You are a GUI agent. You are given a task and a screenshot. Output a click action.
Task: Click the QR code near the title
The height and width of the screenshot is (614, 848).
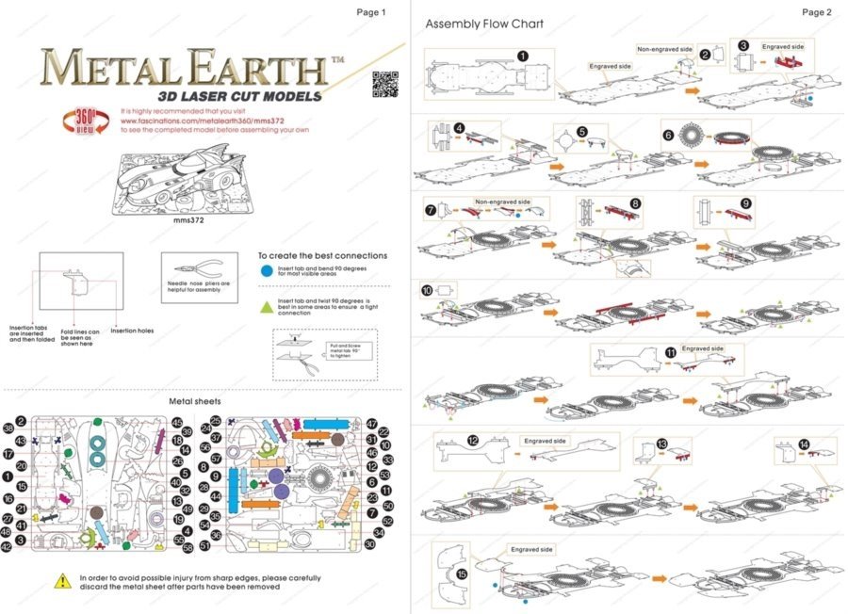click(383, 84)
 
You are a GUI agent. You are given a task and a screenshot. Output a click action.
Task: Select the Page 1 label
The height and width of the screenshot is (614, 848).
click(371, 12)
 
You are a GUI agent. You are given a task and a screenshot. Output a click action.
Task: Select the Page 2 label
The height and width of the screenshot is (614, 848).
click(816, 12)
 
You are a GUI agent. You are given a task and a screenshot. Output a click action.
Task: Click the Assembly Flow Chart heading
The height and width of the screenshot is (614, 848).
click(483, 24)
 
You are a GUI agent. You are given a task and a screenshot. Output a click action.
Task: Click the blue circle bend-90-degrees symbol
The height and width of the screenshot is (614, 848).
click(267, 271)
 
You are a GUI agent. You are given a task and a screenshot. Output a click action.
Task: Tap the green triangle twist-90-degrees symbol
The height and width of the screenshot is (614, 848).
click(267, 305)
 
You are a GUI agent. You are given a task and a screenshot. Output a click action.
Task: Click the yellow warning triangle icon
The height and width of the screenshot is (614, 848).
click(62, 578)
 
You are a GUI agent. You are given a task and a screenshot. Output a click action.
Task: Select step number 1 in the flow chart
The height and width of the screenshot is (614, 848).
click(522, 57)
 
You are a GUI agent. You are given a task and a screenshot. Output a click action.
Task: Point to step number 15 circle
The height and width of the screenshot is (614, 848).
click(462, 573)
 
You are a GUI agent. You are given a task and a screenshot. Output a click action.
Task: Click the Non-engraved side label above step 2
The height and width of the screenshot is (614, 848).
click(663, 49)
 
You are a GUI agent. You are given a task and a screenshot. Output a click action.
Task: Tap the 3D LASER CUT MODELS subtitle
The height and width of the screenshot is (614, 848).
click(239, 96)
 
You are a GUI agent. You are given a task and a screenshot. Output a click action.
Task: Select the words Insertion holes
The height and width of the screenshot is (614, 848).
click(132, 331)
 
